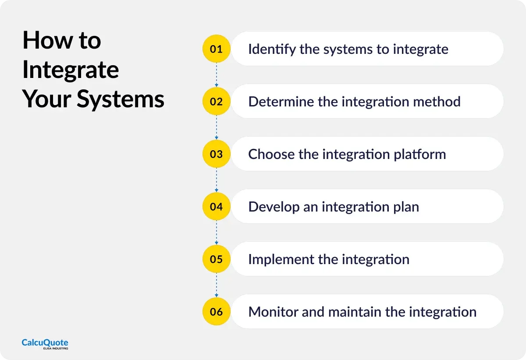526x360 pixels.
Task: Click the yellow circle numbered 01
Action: click(216, 49)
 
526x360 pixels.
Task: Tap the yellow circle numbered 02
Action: click(216, 102)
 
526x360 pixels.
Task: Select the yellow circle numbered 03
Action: click(216, 154)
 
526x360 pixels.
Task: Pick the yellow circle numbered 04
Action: click(216, 207)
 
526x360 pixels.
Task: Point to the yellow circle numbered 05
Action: click(216, 259)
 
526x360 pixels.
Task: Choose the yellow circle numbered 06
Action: click(216, 312)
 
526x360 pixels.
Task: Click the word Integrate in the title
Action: click(71, 70)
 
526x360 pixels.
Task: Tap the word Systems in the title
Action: click(121, 99)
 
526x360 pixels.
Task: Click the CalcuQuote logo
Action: click(45, 344)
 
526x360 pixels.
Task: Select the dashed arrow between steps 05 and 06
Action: click(216, 286)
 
